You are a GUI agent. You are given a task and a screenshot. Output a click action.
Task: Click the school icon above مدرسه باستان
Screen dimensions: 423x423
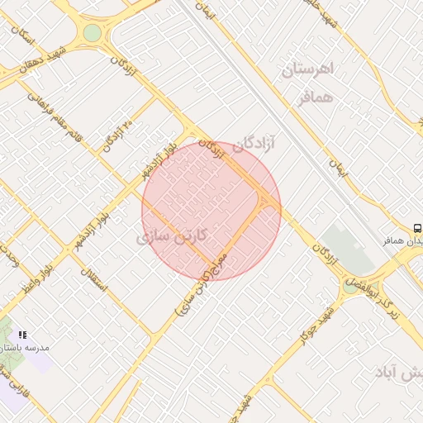tap(22, 335)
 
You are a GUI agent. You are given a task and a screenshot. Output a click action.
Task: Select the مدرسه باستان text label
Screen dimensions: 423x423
tap(28, 348)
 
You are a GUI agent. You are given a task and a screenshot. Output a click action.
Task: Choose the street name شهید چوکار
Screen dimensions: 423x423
tap(316, 316)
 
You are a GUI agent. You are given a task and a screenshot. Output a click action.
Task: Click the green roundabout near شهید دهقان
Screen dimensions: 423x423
tap(92, 33)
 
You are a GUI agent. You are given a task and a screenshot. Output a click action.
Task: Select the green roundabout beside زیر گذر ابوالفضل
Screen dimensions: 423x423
tap(350, 288)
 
